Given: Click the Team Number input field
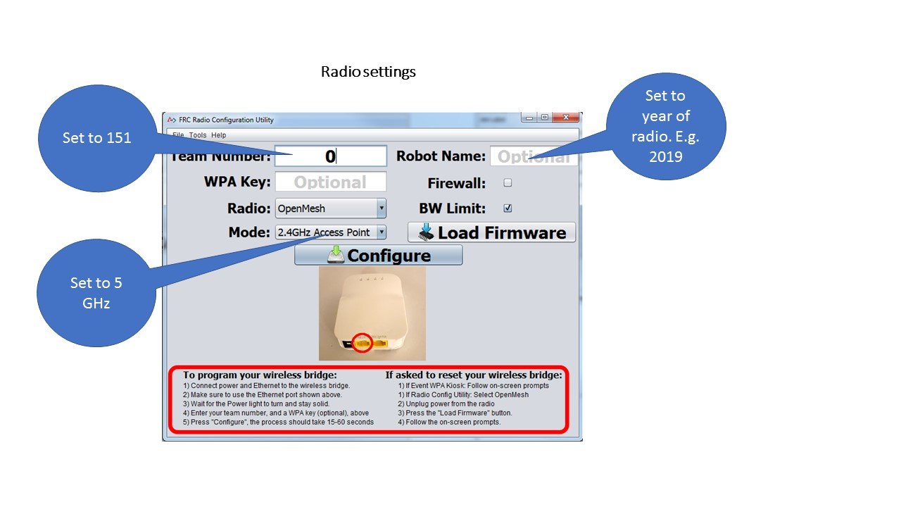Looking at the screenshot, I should pyautogui.click(x=330, y=156).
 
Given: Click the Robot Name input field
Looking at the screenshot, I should pyautogui.click(x=533, y=156).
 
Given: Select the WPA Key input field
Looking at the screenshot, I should pyautogui.click(x=330, y=182).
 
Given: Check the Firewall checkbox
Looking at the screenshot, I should pyautogui.click(x=508, y=183).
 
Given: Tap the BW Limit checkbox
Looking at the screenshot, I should pyautogui.click(x=508, y=208).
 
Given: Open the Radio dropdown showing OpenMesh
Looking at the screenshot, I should pyautogui.click(x=330, y=208).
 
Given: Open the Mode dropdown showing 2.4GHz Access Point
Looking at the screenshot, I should pyautogui.click(x=330, y=232).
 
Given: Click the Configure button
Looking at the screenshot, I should pyautogui.click(x=378, y=255).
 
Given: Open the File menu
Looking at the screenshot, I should pyautogui.click(x=178, y=135).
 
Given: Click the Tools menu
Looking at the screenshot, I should pyautogui.click(x=198, y=135).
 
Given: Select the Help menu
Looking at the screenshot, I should pyautogui.click(x=219, y=135).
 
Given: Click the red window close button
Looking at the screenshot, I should pyautogui.click(x=565, y=118).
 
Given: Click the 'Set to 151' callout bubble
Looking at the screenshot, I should pyautogui.click(x=96, y=138).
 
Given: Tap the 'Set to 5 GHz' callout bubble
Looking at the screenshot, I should pyautogui.click(x=96, y=293).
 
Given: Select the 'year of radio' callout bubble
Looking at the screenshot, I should pyautogui.click(x=665, y=126).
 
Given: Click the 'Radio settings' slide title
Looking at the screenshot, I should pyautogui.click(x=368, y=72).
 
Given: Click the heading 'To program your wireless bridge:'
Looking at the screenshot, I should pyautogui.click(x=260, y=375).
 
